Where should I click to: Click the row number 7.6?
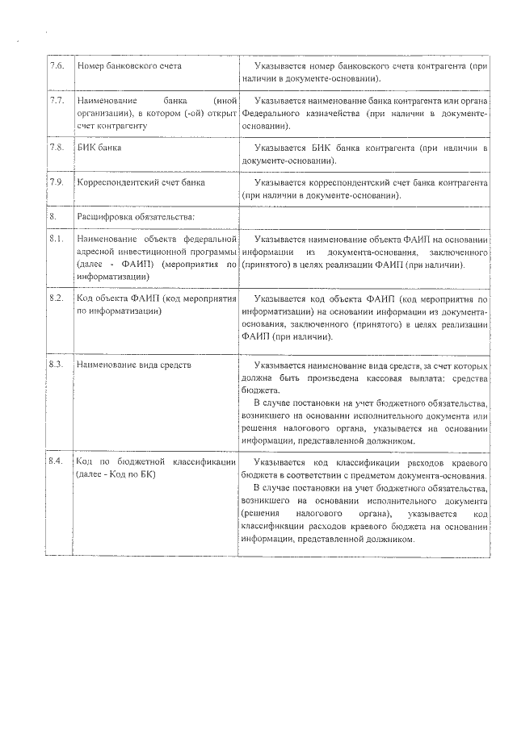click(56, 64)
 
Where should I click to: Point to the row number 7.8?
click(56, 148)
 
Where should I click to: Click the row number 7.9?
click(56, 182)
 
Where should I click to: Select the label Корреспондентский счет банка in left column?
click(141, 182)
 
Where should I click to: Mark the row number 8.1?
click(56, 240)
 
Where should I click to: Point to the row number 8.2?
click(56, 298)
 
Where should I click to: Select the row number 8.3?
click(56, 365)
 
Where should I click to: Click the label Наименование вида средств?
click(133, 365)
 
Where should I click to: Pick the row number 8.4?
click(56, 461)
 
